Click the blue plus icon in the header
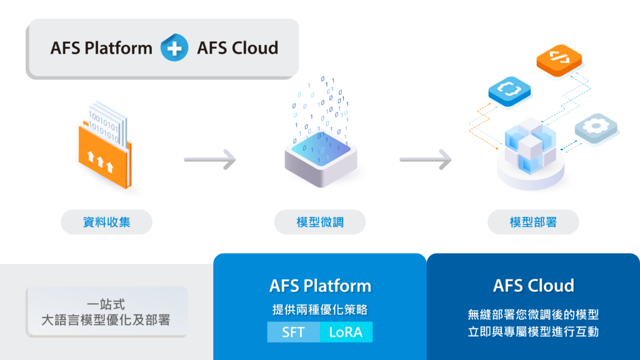pyautogui.click(x=174, y=48)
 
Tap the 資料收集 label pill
pyautogui.click(x=106, y=222)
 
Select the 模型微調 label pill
pyautogui.click(x=320, y=222)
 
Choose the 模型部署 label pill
pyautogui.click(x=533, y=222)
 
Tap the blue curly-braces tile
pyautogui.click(x=509, y=90)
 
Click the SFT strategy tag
pyautogui.click(x=293, y=332)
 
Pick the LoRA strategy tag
pyautogui.click(x=346, y=332)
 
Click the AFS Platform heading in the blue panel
pyautogui.click(x=320, y=286)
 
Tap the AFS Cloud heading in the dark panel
pyautogui.click(x=533, y=286)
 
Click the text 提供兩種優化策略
pyautogui.click(x=320, y=310)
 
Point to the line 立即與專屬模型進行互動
pyautogui.click(x=533, y=332)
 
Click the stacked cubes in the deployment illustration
pyautogui.click(x=530, y=147)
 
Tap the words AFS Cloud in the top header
pyautogui.click(x=237, y=48)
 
